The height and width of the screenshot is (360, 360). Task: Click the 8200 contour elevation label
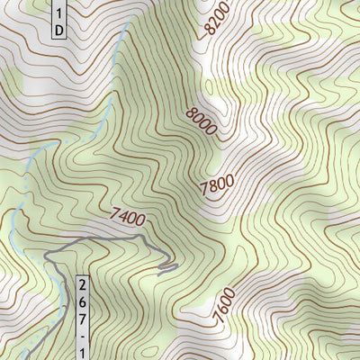pos(217,17)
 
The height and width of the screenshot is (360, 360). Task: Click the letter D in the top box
pos(58,31)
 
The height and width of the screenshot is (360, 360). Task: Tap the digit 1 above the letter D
pos(58,13)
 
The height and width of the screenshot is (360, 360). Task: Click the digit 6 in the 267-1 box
pos(84,302)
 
